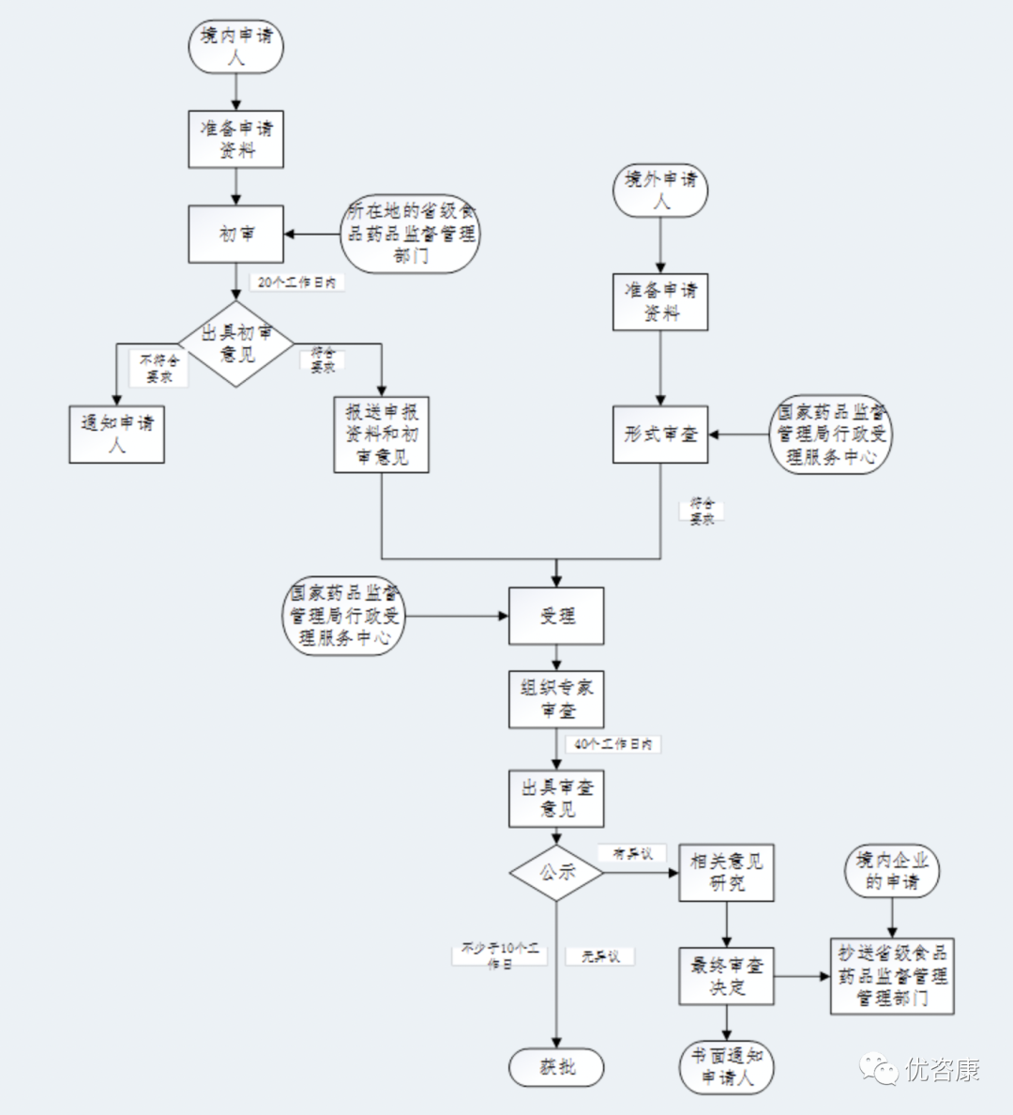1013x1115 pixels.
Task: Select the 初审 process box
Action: click(235, 235)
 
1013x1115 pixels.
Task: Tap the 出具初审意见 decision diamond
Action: click(236, 344)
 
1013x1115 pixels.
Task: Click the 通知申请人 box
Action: click(116, 434)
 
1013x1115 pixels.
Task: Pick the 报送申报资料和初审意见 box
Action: click(382, 434)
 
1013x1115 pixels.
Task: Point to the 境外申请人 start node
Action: click(661, 190)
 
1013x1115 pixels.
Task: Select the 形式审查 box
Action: click(660, 435)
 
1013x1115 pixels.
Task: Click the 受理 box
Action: click(556, 616)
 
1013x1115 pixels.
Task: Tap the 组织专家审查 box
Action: click(556, 699)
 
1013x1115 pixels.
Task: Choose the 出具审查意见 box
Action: click(556, 799)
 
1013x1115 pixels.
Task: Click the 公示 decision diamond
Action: click(556, 873)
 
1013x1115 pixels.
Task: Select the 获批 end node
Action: click(556, 1067)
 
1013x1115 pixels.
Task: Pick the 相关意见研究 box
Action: click(726, 872)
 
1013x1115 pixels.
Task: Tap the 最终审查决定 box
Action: click(726, 976)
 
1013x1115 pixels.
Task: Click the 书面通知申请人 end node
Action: click(726, 1067)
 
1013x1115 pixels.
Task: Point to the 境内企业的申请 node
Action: click(892, 871)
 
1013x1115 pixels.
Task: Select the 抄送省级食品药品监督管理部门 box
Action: click(892, 976)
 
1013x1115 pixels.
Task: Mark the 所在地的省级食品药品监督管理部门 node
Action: click(411, 234)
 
